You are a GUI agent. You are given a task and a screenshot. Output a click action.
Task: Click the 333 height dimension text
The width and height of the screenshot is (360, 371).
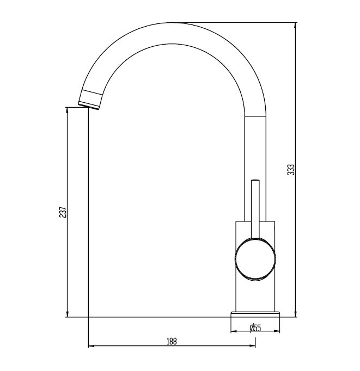click(291, 169)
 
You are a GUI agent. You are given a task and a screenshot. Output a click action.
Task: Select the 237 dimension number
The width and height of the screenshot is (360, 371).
click(63, 212)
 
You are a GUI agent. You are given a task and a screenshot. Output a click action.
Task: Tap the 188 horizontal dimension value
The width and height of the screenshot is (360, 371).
click(172, 341)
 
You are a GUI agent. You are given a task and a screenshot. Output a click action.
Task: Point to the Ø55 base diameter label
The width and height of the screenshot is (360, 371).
click(255, 327)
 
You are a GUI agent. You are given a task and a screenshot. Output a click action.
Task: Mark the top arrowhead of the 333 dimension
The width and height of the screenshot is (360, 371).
click(296, 25)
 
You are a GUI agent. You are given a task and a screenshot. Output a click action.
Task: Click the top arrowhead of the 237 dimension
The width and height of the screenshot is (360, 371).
click(67, 109)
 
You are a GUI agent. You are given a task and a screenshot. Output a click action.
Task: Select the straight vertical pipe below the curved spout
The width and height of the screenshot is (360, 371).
click(255, 147)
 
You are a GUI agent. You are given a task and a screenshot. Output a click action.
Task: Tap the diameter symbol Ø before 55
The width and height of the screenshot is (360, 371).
click(252, 327)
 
